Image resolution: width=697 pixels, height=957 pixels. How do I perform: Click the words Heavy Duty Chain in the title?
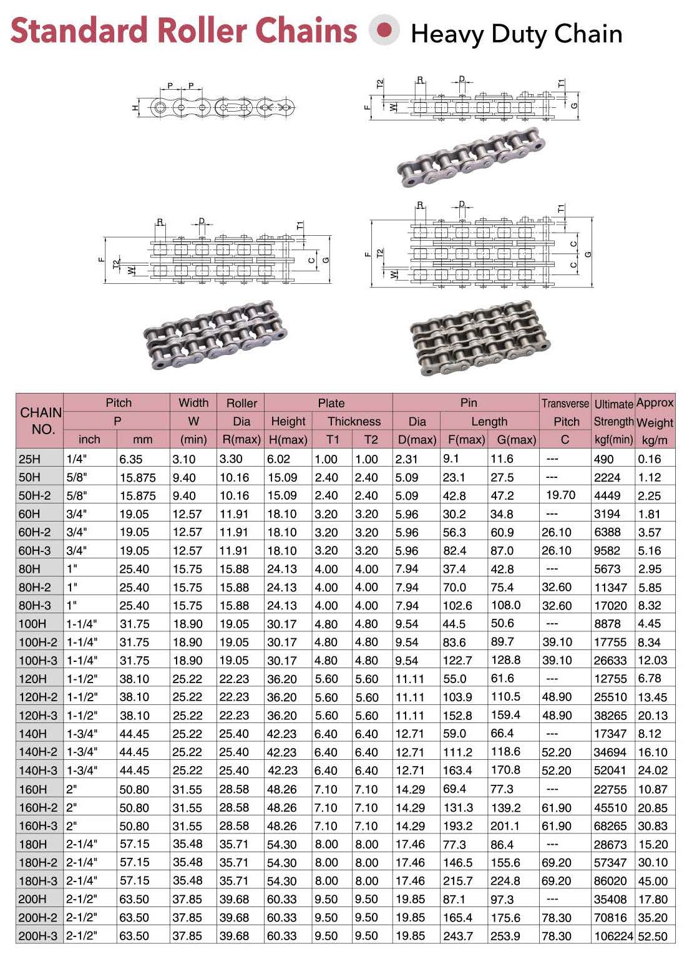(516, 34)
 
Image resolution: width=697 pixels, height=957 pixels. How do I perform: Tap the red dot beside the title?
(384, 30)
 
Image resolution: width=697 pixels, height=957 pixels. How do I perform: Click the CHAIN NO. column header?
(41, 420)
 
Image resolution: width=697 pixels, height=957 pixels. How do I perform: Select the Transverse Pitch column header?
(565, 412)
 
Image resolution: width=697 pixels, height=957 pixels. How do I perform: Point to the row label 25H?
(29, 459)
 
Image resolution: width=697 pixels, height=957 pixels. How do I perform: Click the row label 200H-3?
(38, 936)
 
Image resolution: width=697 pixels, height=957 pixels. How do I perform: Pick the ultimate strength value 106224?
(613, 936)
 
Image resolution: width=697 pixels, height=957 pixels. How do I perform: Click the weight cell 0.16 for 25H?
(649, 459)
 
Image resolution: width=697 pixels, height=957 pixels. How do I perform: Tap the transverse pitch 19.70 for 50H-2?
(560, 495)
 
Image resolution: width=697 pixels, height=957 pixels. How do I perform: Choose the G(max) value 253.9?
(505, 936)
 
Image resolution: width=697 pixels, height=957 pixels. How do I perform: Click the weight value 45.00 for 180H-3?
(653, 881)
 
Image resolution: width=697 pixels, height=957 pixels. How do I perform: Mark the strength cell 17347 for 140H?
(610, 734)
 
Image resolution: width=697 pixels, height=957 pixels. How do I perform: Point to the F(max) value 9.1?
(451, 459)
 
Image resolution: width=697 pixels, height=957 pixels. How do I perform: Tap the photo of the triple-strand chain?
(479, 338)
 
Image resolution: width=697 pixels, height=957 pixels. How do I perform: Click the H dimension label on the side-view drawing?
(135, 107)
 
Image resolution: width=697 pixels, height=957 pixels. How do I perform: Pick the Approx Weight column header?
(655, 412)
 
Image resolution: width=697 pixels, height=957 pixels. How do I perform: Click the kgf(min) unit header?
(613, 440)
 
